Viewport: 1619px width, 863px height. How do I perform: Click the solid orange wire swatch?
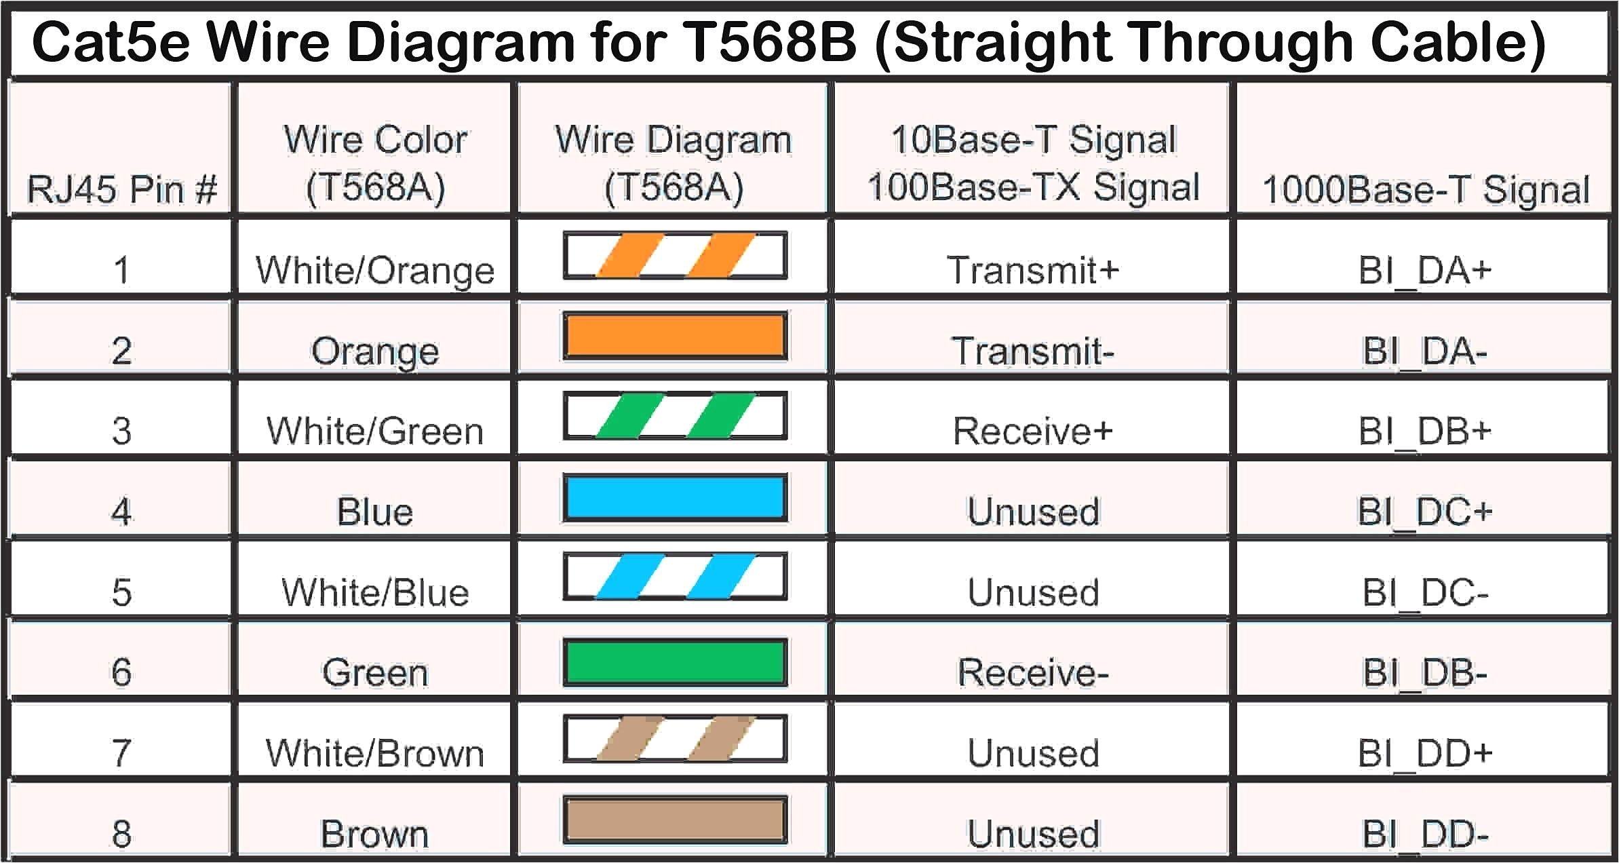675,336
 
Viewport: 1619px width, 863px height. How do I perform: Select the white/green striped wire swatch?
675,415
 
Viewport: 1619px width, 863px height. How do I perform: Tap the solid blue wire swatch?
675,497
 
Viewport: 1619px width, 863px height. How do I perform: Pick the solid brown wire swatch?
675,820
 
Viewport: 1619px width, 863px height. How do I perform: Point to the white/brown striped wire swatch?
675,739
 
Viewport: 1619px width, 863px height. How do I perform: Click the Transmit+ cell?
1032,270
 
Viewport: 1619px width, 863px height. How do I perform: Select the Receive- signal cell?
1032,672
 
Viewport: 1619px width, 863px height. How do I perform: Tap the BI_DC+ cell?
1424,512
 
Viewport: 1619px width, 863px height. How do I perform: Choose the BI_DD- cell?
1424,834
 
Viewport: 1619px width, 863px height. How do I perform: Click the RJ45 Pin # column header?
121,189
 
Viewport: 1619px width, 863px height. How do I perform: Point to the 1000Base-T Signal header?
1425,189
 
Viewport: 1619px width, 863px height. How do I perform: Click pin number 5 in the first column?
121,592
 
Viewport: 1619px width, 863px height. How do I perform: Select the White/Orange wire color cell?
374,270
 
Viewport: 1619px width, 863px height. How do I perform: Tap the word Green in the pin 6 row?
374,672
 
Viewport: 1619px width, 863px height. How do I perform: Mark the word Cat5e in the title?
111,42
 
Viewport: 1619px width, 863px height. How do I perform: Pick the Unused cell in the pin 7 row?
1032,753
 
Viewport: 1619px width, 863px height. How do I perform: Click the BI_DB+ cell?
1424,431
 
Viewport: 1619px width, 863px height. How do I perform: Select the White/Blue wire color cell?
374,592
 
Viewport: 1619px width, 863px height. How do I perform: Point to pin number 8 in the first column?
121,834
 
